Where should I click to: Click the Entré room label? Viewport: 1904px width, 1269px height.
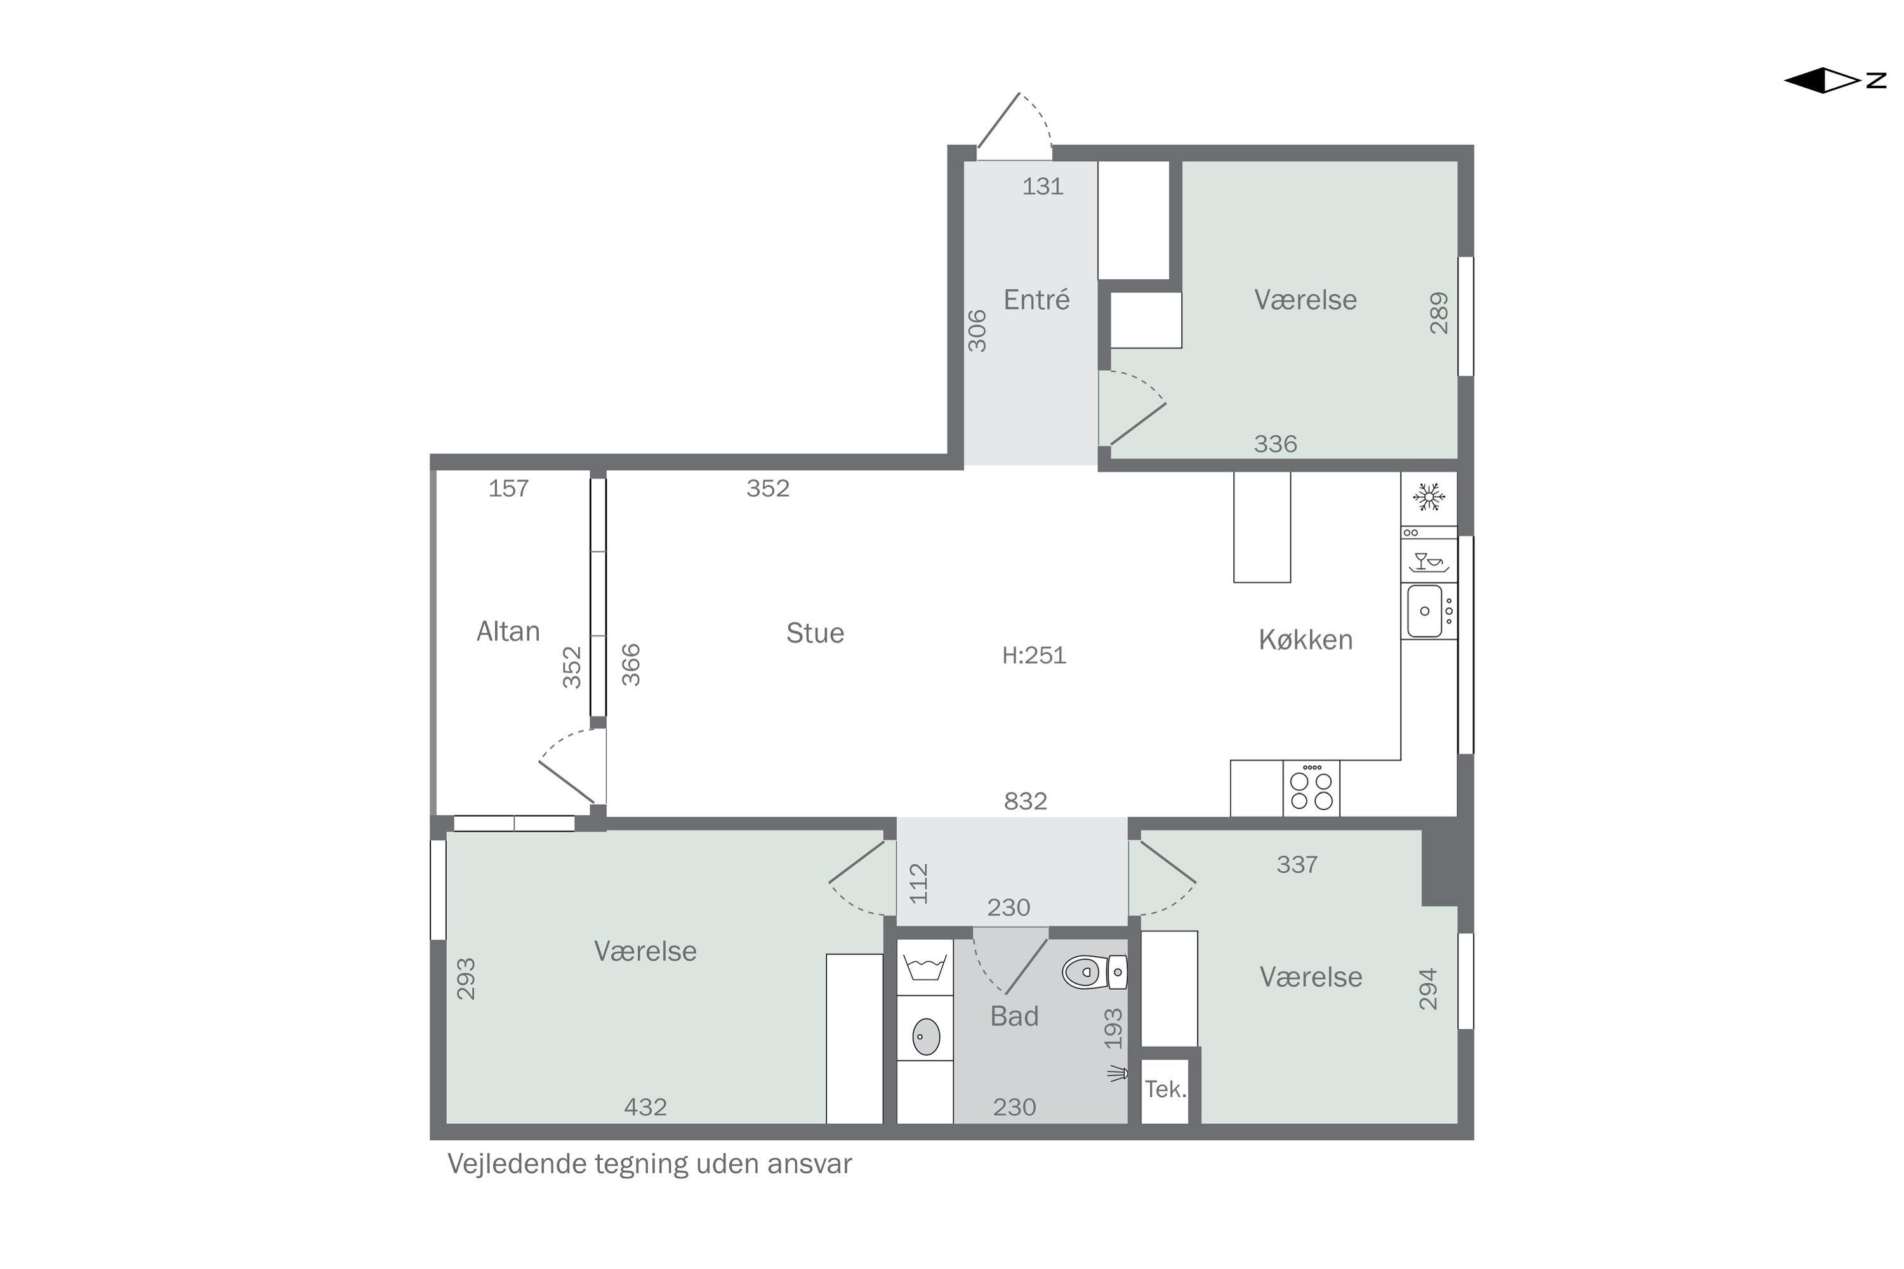[x=1036, y=300]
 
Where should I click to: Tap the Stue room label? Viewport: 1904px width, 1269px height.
[x=815, y=633]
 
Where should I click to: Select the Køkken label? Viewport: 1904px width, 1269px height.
[x=1305, y=640]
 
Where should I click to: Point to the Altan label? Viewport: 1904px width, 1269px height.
[x=508, y=631]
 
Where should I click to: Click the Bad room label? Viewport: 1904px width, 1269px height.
[x=1014, y=1016]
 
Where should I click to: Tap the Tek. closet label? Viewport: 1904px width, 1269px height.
[x=1165, y=1089]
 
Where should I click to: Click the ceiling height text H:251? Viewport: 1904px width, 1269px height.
[x=1034, y=655]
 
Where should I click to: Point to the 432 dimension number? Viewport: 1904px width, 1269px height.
[x=645, y=1107]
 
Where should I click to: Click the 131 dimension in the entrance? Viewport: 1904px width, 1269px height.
[x=1042, y=186]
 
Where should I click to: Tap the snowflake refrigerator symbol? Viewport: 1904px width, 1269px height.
[x=1429, y=497]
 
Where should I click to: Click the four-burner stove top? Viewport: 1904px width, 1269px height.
[x=1311, y=788]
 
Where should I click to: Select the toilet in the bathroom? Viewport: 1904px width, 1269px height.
[x=1094, y=972]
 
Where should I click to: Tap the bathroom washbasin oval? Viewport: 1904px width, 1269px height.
[x=926, y=1036]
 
